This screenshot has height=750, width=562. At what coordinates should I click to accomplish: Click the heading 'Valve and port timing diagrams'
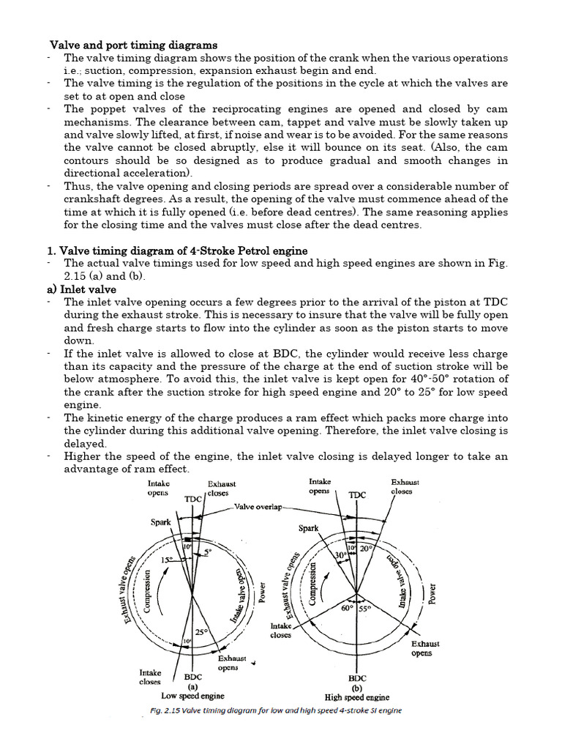(x=133, y=45)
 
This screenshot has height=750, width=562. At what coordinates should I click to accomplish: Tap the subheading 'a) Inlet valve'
(x=81, y=289)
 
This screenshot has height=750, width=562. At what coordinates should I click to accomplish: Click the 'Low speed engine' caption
(x=192, y=696)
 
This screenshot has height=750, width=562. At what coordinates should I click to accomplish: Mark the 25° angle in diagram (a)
(x=201, y=631)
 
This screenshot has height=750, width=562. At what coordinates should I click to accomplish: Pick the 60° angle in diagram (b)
(x=345, y=608)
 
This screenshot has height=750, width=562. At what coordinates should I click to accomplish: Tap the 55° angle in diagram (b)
(x=365, y=608)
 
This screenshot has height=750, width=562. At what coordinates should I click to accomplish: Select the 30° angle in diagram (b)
(x=340, y=555)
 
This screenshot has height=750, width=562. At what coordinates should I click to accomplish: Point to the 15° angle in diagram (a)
(x=168, y=560)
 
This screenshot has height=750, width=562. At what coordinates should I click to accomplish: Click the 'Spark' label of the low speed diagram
(x=161, y=522)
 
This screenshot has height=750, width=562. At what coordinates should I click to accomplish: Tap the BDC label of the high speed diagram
(x=357, y=679)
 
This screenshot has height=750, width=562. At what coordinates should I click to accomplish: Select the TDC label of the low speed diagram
(x=193, y=499)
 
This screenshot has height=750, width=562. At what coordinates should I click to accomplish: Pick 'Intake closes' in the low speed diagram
(x=150, y=677)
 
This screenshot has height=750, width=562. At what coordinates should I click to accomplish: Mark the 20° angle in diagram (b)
(x=366, y=547)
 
